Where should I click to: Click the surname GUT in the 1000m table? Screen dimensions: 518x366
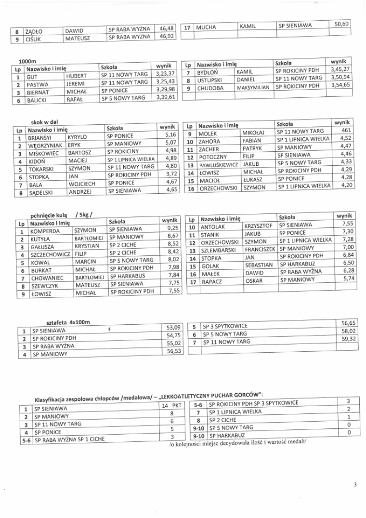[32, 77]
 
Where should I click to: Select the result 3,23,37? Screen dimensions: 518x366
[166, 73]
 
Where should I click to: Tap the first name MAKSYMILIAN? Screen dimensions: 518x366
[253, 88]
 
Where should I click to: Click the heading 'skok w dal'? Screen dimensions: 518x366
[44, 122]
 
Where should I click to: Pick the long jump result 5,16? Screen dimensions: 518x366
[170, 134]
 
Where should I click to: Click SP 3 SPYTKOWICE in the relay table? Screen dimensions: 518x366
[225, 326]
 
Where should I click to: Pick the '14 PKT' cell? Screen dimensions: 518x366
[171, 406]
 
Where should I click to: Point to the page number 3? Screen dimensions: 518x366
[354, 485]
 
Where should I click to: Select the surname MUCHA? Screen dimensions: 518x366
[206, 27]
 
